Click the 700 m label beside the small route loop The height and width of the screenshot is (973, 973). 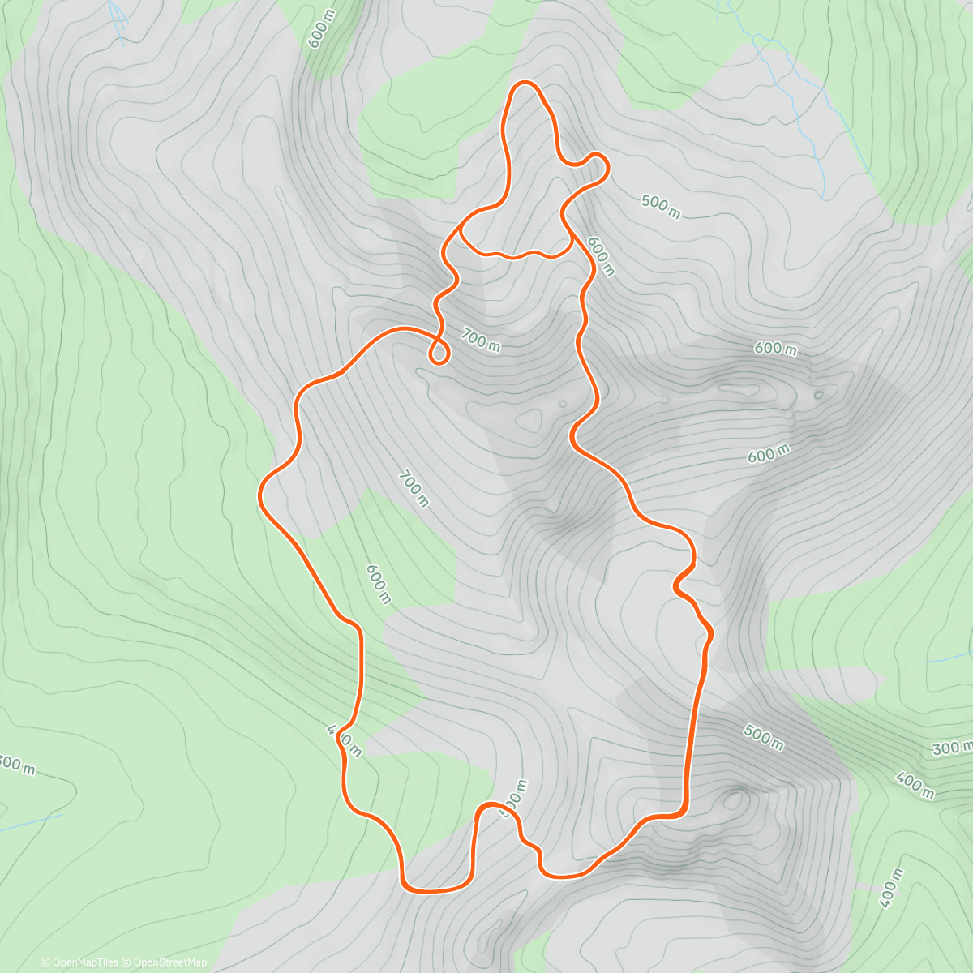[x=481, y=339]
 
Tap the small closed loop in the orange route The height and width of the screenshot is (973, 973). [x=439, y=353]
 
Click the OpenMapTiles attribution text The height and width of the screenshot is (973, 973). [x=84, y=962]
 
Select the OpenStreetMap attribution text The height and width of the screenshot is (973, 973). [x=169, y=962]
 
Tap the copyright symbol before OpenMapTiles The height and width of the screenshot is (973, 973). [x=45, y=962]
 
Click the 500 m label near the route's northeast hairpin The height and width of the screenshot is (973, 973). [x=661, y=206]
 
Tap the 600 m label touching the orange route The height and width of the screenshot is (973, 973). [x=601, y=255]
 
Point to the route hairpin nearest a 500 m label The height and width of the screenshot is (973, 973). [x=601, y=158]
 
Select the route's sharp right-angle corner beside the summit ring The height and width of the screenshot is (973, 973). [x=681, y=811]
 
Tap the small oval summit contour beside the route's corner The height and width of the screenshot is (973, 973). [x=735, y=799]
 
